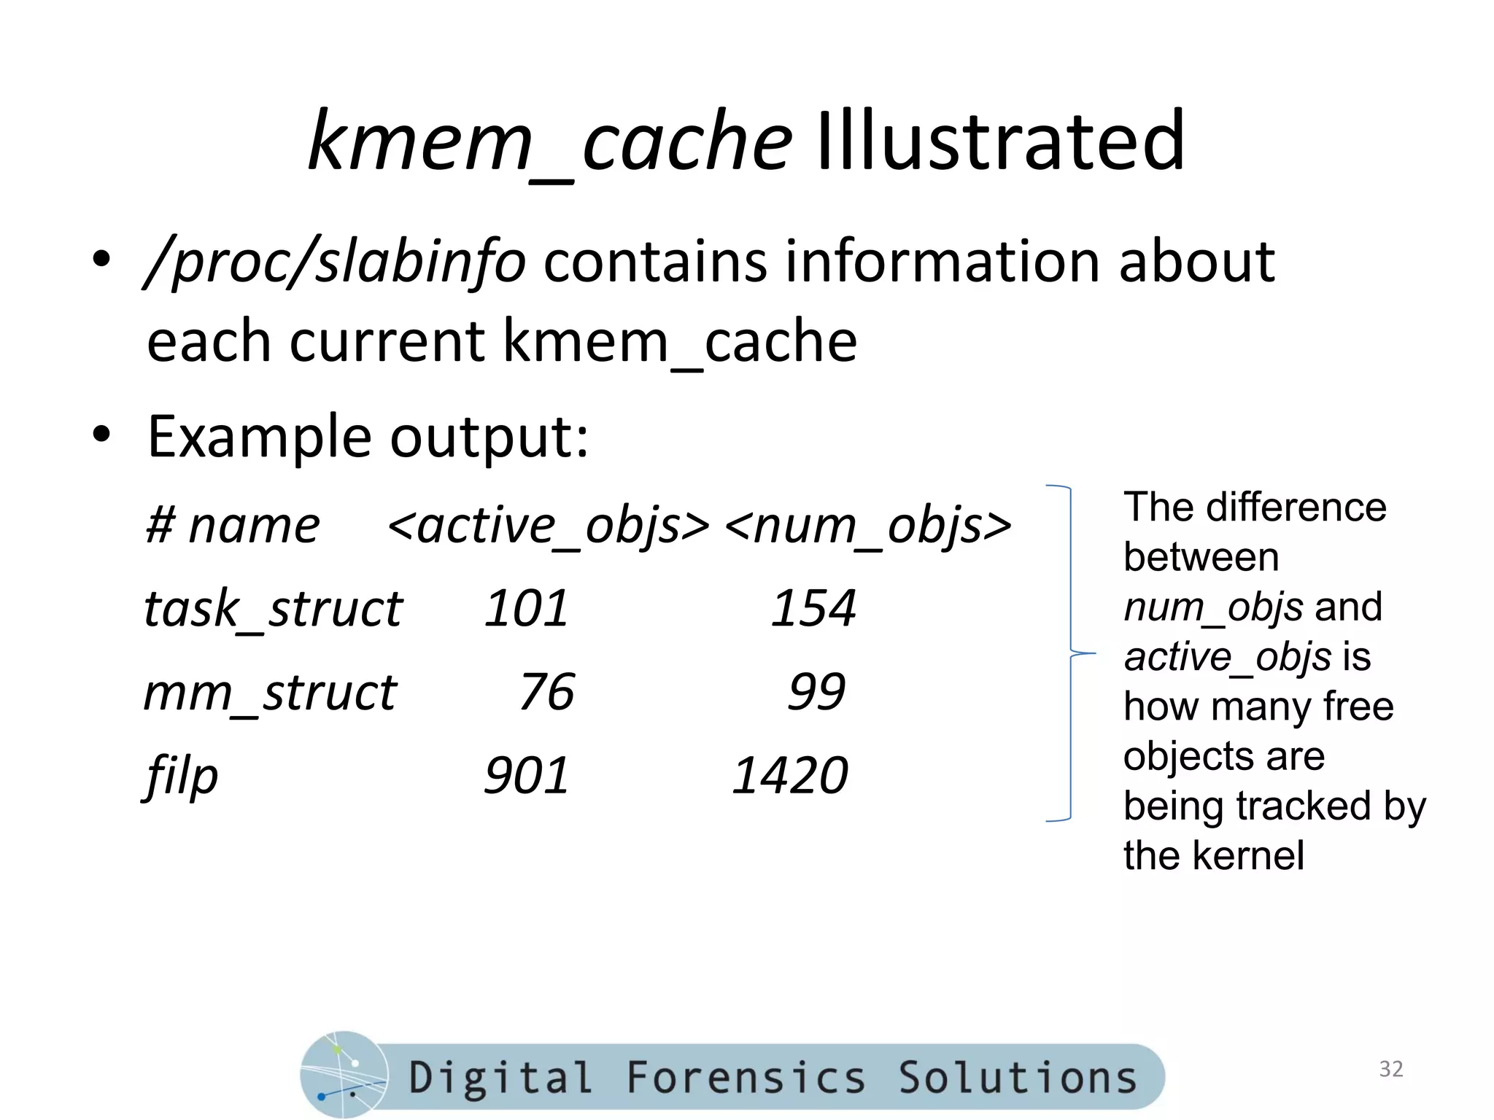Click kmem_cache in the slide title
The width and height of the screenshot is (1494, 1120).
(x=549, y=140)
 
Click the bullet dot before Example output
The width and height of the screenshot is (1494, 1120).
(x=101, y=435)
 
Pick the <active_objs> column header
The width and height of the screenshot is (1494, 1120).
(x=548, y=525)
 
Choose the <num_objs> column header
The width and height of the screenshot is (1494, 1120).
(x=868, y=525)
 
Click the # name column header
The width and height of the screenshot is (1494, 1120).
(x=233, y=525)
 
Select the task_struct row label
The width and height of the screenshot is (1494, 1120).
(x=273, y=608)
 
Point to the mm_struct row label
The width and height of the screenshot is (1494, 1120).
(x=270, y=692)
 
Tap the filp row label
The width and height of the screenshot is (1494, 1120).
(x=181, y=776)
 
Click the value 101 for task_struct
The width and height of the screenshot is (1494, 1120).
(x=526, y=608)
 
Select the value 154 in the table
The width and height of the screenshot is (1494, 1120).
(x=813, y=608)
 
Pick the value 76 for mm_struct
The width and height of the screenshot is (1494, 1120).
(x=546, y=692)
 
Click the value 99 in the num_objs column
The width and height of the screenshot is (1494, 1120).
(x=816, y=692)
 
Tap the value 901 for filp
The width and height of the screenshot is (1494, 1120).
(x=526, y=776)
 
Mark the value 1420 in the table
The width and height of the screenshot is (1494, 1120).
(x=790, y=776)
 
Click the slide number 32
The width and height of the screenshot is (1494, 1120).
(x=1390, y=1069)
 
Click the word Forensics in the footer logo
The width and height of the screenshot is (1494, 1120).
(x=746, y=1078)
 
